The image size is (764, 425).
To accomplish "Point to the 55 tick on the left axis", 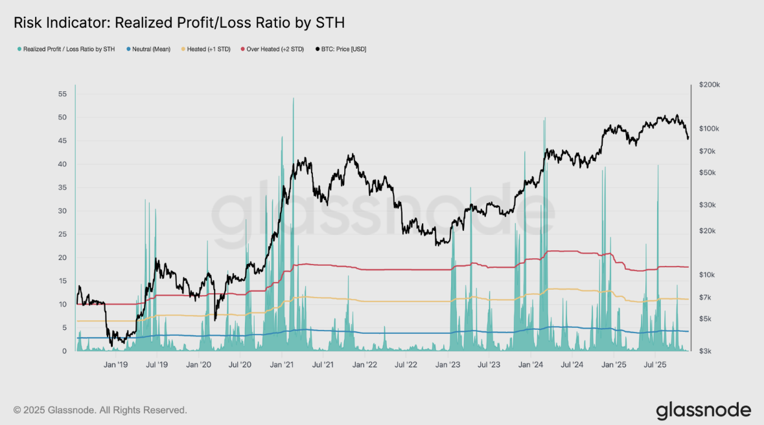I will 62,94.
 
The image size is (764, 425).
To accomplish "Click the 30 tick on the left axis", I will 62,211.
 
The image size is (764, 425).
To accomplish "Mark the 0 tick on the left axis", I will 64,351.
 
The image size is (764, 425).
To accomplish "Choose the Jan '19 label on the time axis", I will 115,365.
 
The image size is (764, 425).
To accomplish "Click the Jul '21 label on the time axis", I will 323,365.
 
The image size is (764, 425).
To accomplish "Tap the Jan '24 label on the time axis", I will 531,365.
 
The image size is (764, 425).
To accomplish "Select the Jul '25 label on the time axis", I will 655,365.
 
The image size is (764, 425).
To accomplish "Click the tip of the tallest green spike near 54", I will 293,98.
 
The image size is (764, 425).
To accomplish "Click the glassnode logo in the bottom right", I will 703,410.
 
